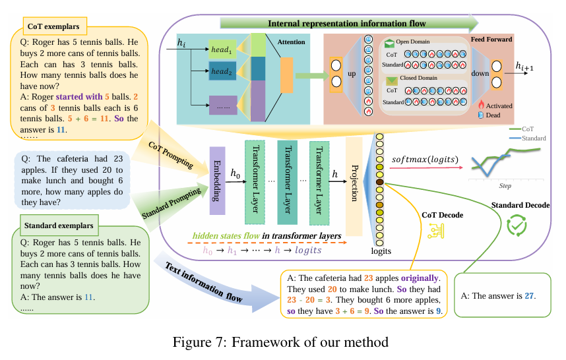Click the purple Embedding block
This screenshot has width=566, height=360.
click(218, 173)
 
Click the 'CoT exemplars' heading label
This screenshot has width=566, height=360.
click(53, 27)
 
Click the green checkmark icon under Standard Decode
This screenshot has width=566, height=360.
click(517, 226)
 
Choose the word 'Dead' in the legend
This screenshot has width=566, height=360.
click(493, 115)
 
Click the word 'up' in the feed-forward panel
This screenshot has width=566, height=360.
click(352, 73)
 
